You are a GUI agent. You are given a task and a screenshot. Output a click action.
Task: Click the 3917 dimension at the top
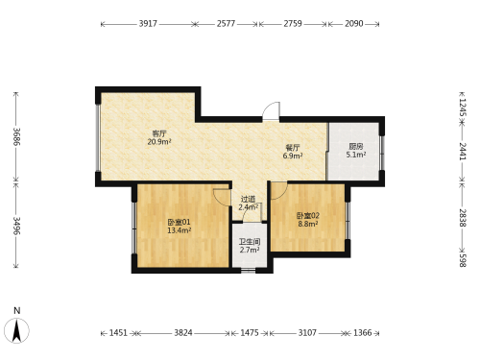click(x=148, y=24)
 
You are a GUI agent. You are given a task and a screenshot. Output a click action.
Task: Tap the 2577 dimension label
click(x=226, y=24)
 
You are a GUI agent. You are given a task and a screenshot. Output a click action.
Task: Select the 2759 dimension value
click(x=293, y=24)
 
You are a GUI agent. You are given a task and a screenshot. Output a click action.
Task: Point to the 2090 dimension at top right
click(x=354, y=24)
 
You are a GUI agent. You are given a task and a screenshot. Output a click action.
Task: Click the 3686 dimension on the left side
click(x=16, y=136)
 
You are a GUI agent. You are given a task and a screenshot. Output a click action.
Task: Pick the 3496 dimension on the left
click(x=16, y=226)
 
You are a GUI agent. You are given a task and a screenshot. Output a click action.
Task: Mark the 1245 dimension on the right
click(x=463, y=108)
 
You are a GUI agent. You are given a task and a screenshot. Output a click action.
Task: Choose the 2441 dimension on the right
click(x=463, y=152)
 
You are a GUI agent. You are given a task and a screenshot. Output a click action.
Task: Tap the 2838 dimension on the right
click(x=463, y=218)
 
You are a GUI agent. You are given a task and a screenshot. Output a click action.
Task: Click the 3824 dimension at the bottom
click(x=183, y=333)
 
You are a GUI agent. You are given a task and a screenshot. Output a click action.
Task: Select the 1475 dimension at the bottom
click(x=250, y=333)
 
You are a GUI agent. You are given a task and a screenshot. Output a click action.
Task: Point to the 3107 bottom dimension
click(x=307, y=333)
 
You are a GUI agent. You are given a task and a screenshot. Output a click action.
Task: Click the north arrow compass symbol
click(x=16, y=330)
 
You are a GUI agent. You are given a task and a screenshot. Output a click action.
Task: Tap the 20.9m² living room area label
click(x=159, y=142)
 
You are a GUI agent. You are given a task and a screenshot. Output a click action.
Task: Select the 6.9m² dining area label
click(x=293, y=156)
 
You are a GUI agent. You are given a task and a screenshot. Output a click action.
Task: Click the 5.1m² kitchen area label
click(x=356, y=155)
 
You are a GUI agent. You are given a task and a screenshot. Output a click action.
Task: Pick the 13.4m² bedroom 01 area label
click(x=180, y=230)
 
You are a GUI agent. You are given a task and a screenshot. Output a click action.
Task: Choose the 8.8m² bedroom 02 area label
click(x=308, y=224)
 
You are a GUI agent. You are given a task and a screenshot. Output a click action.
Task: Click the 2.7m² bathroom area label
click(x=250, y=251)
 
